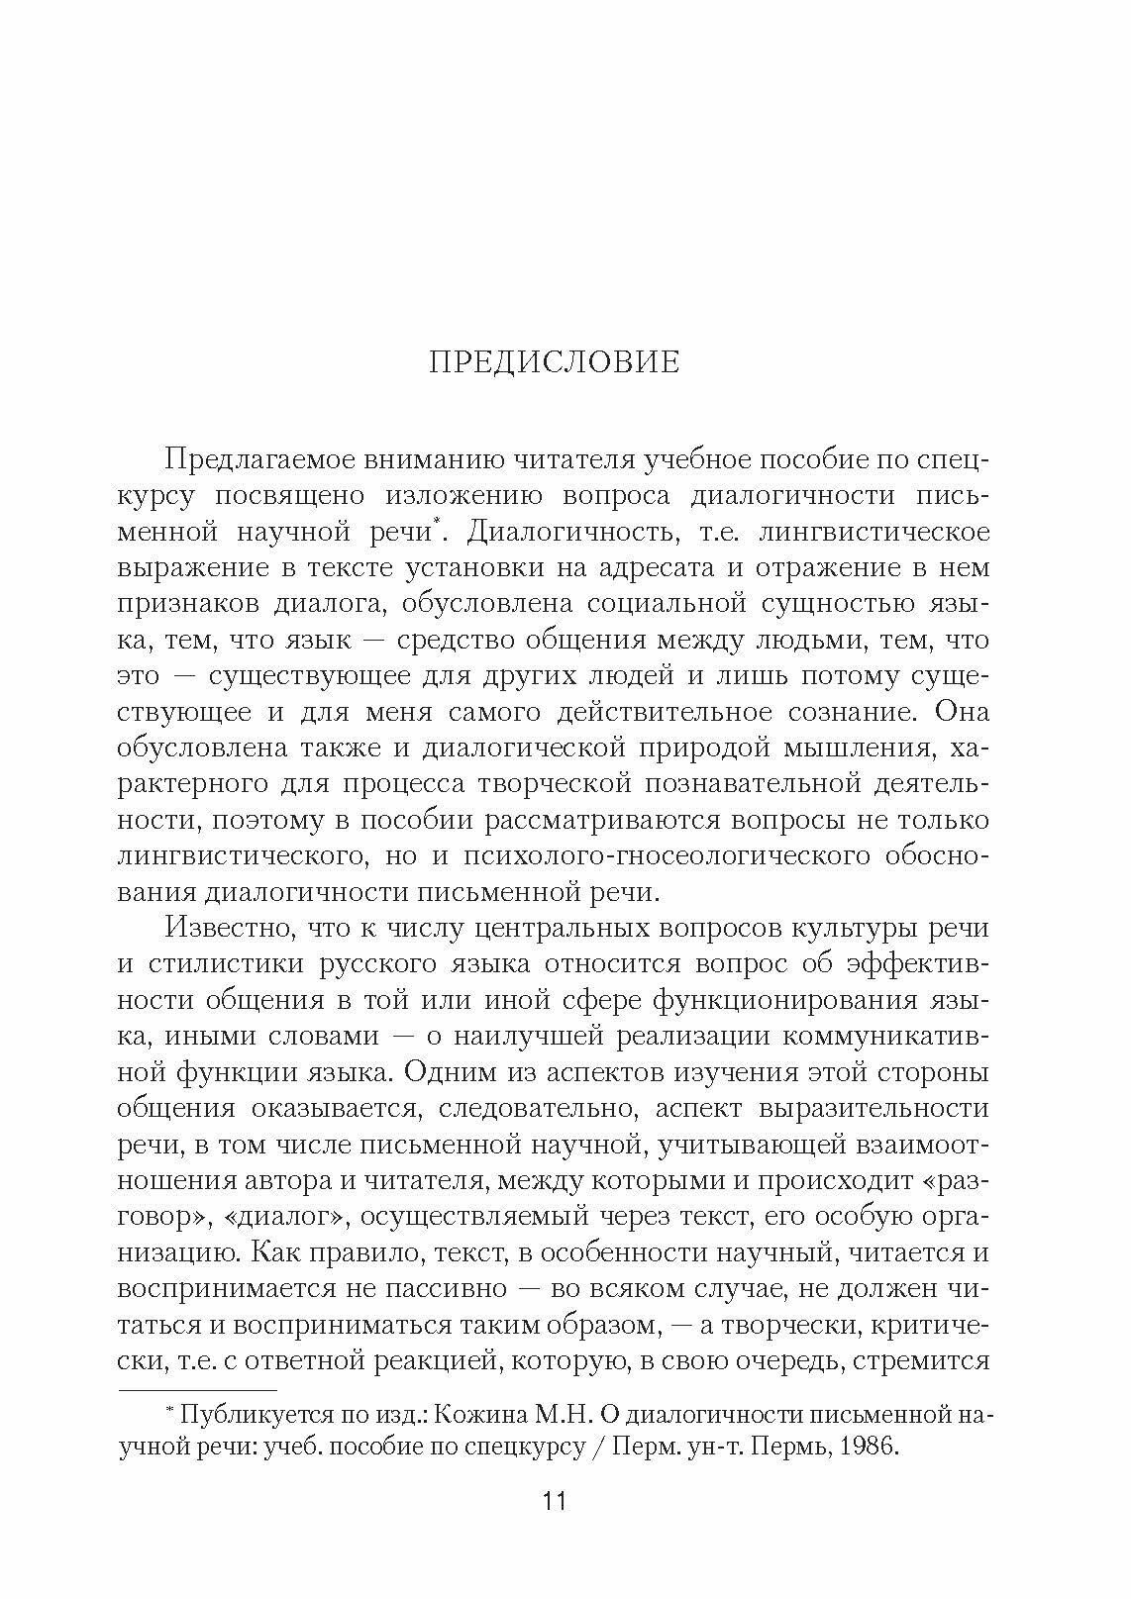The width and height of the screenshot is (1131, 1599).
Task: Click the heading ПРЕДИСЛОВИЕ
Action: click(x=555, y=362)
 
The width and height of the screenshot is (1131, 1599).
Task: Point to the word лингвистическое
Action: click(x=873, y=532)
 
